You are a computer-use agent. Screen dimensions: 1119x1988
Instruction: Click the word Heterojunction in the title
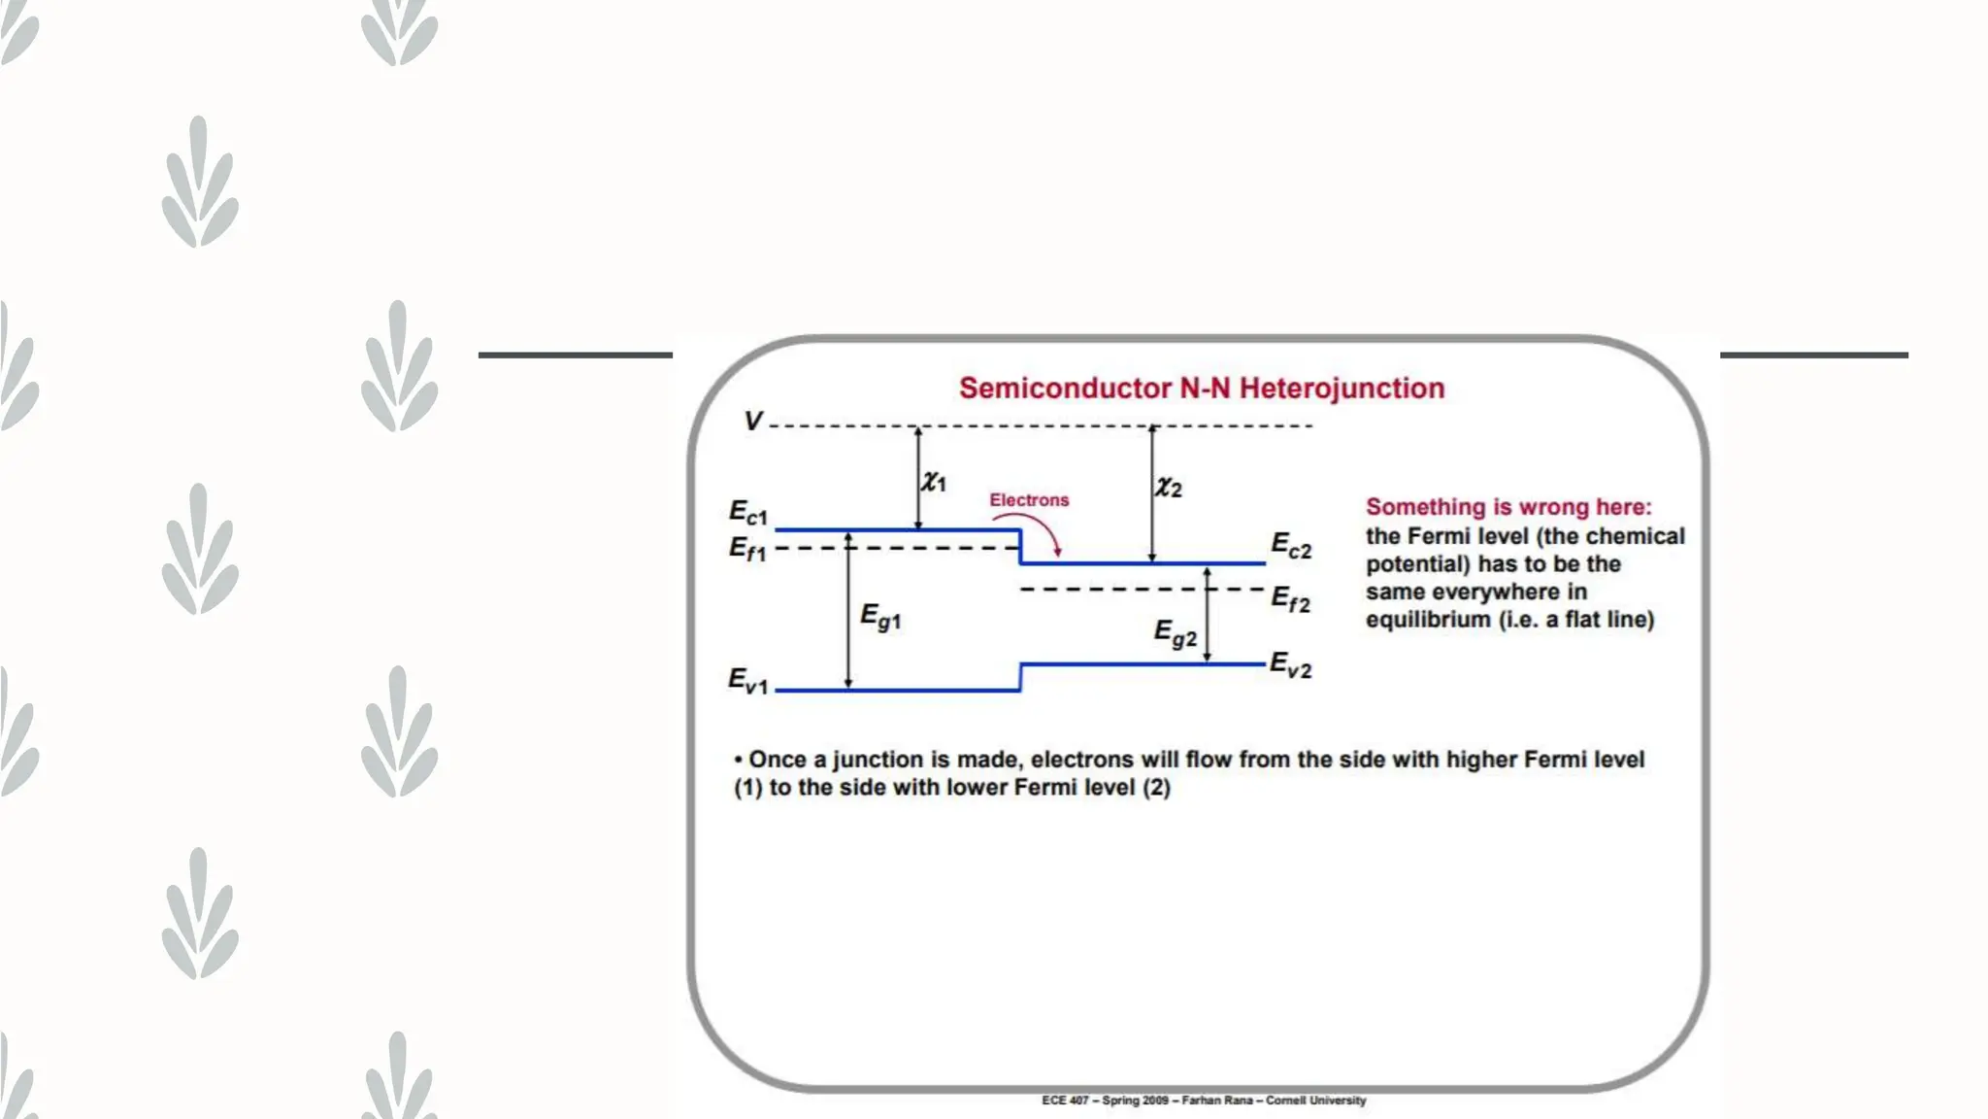click(x=1342, y=389)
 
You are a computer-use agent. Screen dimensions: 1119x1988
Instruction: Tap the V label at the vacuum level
click(x=752, y=422)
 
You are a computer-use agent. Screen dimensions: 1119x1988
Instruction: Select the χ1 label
click(x=934, y=481)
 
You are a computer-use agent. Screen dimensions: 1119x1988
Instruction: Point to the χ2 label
click(x=1169, y=487)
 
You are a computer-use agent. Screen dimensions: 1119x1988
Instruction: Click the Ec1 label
click(x=748, y=513)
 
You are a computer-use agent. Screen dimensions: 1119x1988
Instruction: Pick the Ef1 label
click(x=747, y=550)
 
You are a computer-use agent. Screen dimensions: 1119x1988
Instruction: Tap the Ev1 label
click(x=748, y=681)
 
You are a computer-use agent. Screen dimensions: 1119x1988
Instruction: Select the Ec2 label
click(x=1291, y=546)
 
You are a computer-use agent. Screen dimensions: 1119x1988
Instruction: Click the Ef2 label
click(x=1291, y=600)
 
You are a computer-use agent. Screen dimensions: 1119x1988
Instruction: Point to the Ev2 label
click(x=1291, y=666)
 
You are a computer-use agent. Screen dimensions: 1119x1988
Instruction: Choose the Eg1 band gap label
click(x=880, y=618)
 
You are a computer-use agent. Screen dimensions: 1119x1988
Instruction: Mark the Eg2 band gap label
click(x=1175, y=634)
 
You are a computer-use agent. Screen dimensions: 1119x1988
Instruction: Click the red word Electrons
click(x=1029, y=500)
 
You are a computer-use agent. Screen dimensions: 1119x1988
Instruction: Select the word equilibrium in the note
click(x=1428, y=620)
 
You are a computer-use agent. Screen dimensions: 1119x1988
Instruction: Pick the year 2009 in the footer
click(x=1154, y=1101)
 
